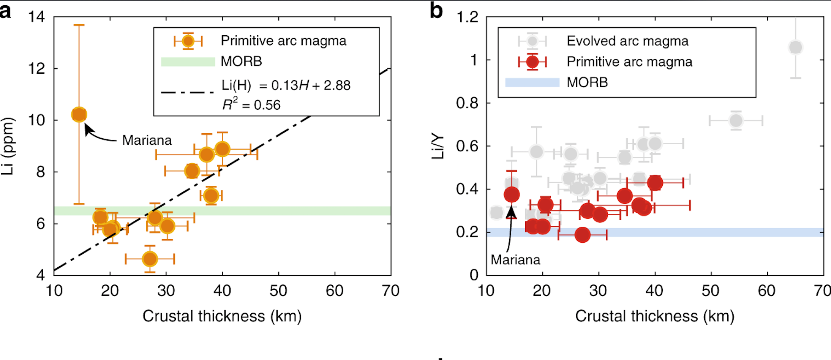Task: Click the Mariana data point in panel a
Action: pyautogui.click(x=79, y=114)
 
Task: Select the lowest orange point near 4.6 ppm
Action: pyautogui.click(x=150, y=259)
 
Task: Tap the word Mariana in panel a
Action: pyautogui.click(x=147, y=141)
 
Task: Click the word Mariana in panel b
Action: pyautogui.click(x=515, y=260)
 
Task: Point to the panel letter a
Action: pyautogui.click(x=5, y=11)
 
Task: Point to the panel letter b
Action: pyautogui.click(x=436, y=11)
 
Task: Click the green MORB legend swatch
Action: pyautogui.click(x=188, y=62)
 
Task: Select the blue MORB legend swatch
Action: pyautogui.click(x=532, y=82)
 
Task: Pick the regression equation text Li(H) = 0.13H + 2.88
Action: pyautogui.click(x=286, y=85)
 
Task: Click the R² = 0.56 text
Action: pyautogui.click(x=251, y=104)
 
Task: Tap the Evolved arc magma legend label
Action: pyautogui.click(x=627, y=41)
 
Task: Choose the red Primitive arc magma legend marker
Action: pyautogui.click(x=532, y=62)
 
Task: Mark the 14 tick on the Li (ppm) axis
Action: pyautogui.click(x=36, y=17)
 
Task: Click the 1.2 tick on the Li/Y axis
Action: pyautogui.click(x=467, y=17)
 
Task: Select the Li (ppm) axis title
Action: pyautogui.click(x=8, y=146)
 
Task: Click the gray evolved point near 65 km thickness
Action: pyautogui.click(x=795, y=47)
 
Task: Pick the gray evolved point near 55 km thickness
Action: pyautogui.click(x=736, y=121)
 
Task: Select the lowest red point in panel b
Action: pyautogui.click(x=582, y=235)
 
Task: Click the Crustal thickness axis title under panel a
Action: pyautogui.click(x=222, y=316)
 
